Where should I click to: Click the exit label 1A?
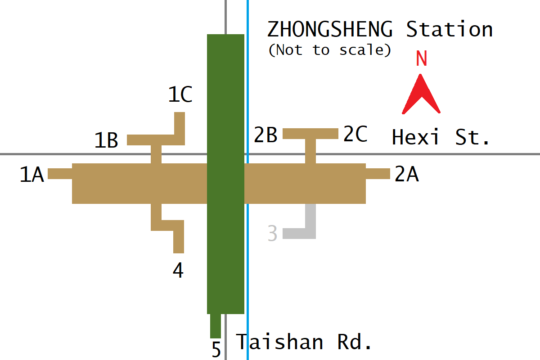pos(32,175)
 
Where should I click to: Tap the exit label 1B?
pos(106,140)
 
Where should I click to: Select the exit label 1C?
pos(180,95)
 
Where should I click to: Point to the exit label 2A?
pos(407,175)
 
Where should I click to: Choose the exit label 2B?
pos(265,135)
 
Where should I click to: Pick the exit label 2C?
pos(355,134)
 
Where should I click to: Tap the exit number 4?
pos(178,270)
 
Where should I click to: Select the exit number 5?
pos(216,350)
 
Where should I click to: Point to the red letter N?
pos(421,59)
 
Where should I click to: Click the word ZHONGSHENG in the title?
pos(330,30)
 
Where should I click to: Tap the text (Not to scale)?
pos(330,49)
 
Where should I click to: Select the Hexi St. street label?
pos(441,137)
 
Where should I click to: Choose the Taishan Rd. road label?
pos(304,342)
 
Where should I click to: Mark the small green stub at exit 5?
pos(216,326)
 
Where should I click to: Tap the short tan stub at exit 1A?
pos(60,174)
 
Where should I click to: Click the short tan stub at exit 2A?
pos(378,174)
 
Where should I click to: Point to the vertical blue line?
pos(247,270)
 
